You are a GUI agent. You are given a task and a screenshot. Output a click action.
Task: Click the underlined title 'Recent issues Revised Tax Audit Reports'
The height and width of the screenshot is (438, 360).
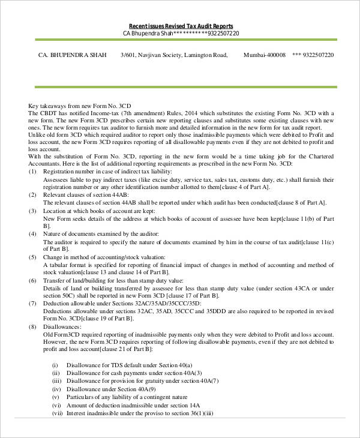181,26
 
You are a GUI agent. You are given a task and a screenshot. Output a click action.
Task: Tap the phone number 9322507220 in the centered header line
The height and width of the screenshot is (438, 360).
223,33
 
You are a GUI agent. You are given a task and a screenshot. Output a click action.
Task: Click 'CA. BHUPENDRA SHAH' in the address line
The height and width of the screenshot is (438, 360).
73,55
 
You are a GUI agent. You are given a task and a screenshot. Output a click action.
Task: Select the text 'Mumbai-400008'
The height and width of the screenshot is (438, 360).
265,55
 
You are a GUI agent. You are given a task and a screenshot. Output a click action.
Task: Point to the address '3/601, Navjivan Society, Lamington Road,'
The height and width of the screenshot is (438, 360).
174,55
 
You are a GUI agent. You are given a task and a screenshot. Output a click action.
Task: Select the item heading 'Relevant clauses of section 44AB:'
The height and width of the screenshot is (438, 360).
85,195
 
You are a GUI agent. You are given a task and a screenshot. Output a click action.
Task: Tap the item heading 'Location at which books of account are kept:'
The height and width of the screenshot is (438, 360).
100,211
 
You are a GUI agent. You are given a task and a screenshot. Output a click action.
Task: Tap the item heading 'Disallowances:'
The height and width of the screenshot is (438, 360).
62,327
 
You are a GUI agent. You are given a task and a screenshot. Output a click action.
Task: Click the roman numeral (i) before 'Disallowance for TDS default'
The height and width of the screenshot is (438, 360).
55,365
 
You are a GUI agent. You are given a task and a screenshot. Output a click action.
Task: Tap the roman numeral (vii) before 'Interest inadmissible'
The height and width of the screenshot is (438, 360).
58,413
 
